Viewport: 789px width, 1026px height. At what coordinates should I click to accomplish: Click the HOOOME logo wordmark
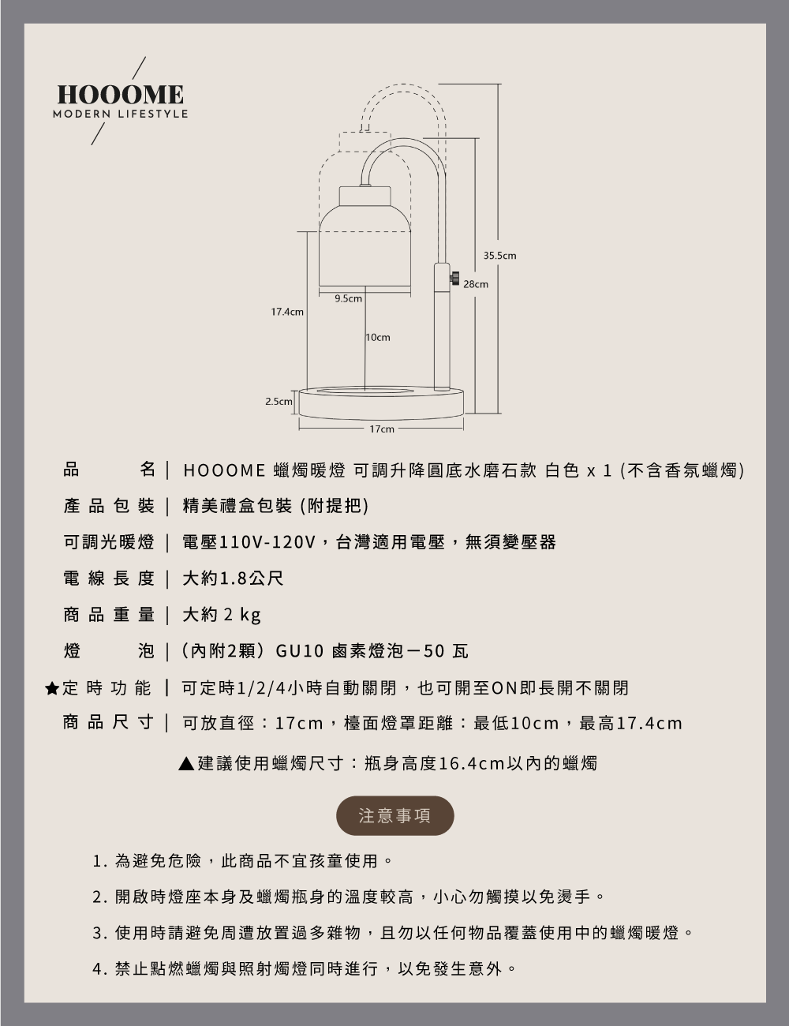pos(121,95)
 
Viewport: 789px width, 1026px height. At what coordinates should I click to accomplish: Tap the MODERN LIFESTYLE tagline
pos(121,114)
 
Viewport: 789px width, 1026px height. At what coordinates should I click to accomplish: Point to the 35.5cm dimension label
pos(499,256)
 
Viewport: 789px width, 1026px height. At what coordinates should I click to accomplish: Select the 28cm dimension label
pos(476,283)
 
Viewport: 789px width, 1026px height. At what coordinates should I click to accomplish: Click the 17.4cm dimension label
pos(287,313)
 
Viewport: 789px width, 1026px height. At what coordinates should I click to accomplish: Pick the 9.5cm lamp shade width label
pos(348,298)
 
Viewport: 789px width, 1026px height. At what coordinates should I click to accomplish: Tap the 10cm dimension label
pos(378,337)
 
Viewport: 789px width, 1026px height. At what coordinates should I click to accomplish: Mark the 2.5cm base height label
pos(278,402)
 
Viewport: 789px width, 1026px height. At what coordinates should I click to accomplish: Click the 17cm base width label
pos(381,429)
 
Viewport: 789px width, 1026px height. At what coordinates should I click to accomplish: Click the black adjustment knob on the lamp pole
pos(454,278)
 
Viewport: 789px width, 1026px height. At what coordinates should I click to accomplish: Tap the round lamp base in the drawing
pos(381,403)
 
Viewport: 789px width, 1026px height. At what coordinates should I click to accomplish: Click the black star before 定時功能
pos(52,688)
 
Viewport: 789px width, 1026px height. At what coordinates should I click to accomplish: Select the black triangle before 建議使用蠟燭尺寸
pos(186,764)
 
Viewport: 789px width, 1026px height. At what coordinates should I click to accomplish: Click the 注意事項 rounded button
pos(395,816)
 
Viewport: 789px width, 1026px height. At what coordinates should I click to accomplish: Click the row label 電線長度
pos(109,579)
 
